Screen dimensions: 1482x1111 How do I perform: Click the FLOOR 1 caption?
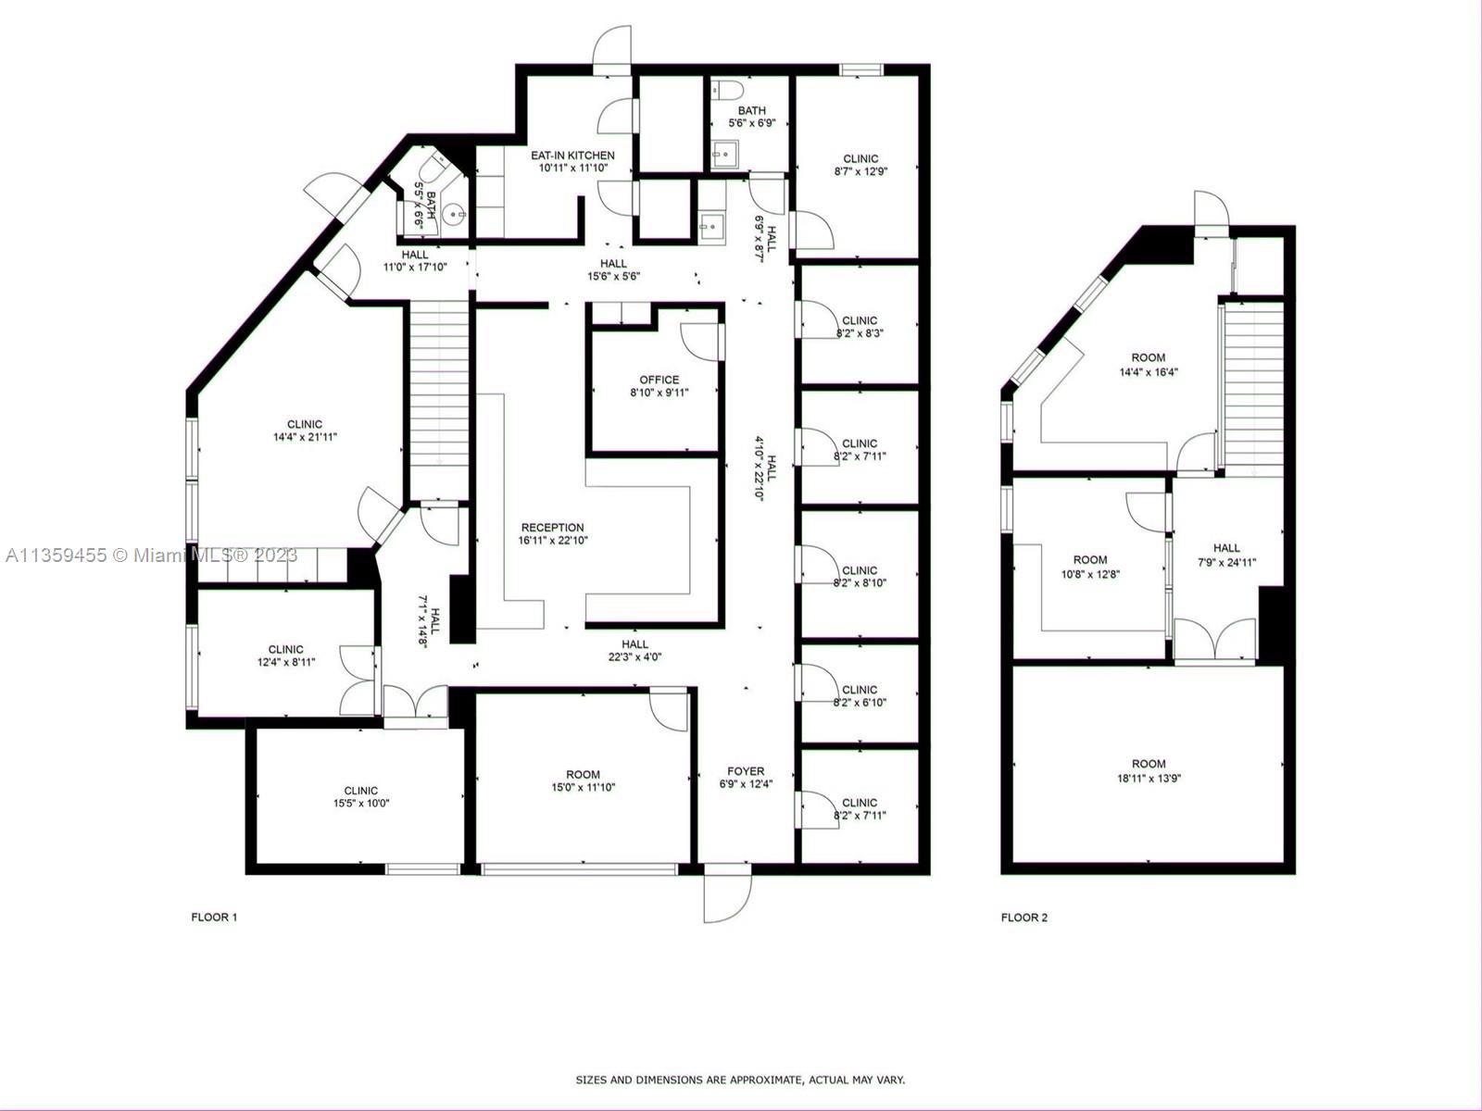[214, 918]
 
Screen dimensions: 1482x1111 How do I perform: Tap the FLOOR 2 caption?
[1024, 918]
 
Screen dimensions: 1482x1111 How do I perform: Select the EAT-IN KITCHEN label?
[572, 156]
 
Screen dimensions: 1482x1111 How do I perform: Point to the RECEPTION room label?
[552, 528]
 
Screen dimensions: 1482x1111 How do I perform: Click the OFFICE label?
[659, 380]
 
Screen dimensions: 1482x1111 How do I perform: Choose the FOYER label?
[746, 771]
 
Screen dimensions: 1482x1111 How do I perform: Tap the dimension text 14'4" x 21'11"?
[305, 437]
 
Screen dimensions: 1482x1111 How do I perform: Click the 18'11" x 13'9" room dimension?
[1149, 778]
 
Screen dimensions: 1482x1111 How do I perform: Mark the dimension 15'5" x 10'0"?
[361, 804]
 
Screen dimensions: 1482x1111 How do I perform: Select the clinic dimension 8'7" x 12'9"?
[860, 172]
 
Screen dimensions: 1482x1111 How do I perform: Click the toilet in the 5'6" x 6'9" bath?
[729, 88]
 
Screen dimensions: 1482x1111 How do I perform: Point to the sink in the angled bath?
[454, 215]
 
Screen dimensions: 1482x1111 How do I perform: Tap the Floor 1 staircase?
[440, 402]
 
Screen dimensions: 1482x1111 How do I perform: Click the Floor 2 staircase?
[1254, 387]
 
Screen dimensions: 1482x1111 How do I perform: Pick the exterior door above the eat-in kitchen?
[612, 49]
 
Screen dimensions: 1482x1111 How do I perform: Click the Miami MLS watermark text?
[151, 555]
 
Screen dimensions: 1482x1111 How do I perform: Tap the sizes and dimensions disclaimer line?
[740, 1080]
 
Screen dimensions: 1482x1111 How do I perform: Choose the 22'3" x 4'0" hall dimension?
[634, 657]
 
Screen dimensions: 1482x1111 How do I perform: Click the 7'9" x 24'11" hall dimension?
[1226, 562]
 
